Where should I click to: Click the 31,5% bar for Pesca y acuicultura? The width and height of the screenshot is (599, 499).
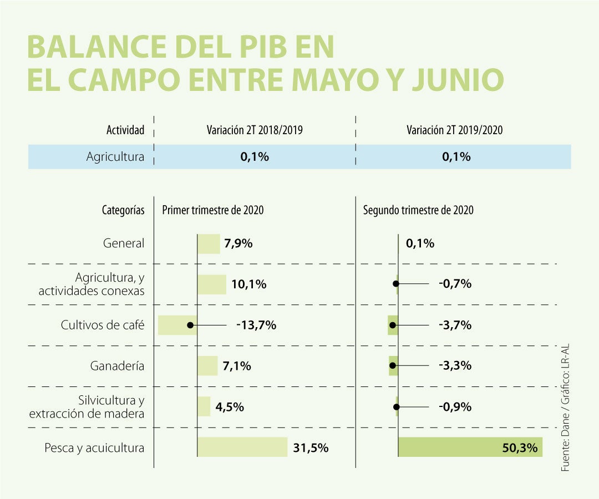242,447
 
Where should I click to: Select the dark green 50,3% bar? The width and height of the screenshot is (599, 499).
470,447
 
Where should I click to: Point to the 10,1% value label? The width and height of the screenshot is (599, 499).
248,284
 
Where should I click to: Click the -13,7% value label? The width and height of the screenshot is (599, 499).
256,325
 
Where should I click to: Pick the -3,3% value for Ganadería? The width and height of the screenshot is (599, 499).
455,365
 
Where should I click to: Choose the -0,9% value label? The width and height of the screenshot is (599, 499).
455,406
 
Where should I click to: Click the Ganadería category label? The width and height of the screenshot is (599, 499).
117,366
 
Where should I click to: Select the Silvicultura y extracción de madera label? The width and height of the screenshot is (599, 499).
87,407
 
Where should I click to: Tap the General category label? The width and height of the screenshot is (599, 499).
124,243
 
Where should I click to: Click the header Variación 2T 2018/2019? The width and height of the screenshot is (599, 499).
255,130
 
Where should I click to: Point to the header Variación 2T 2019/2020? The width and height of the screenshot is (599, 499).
455,130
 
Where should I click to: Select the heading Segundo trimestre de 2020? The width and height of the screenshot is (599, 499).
418,210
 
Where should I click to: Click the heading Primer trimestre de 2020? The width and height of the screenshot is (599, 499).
212,210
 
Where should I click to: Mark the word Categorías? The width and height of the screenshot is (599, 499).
123,210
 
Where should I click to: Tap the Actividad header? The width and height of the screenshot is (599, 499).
125,130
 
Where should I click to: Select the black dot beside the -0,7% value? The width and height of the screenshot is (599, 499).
395,284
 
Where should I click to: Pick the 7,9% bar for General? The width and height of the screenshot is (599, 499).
209,244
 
